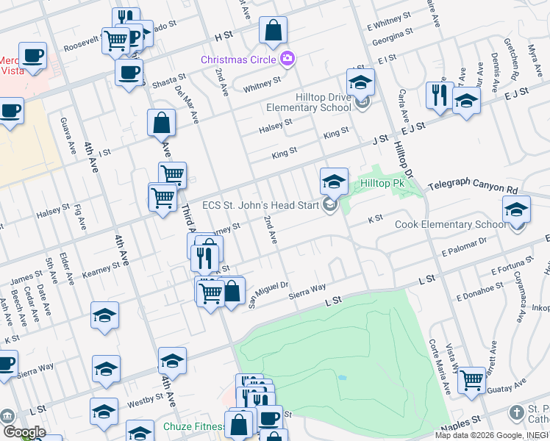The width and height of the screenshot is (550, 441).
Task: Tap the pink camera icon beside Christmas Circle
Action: tap(287, 58)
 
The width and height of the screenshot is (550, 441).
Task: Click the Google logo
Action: tap(24, 432)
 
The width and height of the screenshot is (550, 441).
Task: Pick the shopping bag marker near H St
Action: tap(273, 32)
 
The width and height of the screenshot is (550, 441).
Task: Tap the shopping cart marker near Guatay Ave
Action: tap(471, 381)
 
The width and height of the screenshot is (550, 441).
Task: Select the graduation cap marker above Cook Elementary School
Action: tap(517, 209)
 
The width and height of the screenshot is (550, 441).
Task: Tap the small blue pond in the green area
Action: tap(343, 378)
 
